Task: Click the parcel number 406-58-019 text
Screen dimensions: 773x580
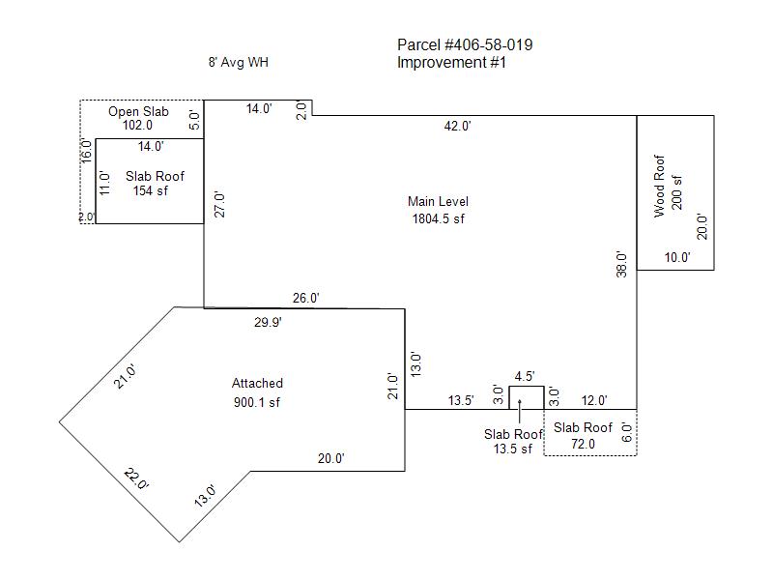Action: point(489,44)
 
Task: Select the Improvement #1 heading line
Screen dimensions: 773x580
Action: point(451,63)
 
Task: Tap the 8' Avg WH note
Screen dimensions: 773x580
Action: point(238,62)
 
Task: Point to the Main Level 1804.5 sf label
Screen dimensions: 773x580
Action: point(439,210)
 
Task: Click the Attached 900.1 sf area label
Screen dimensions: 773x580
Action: point(257,392)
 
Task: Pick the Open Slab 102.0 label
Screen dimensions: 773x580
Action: point(138,118)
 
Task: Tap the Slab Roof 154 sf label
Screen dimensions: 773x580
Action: point(155,184)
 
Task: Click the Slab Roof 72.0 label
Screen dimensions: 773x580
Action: point(583,436)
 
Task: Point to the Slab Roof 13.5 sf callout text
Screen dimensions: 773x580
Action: point(513,442)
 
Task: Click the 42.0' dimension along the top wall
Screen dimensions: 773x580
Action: point(457,127)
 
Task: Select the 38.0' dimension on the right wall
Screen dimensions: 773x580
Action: point(621,264)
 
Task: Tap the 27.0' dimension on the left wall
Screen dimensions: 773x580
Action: point(220,204)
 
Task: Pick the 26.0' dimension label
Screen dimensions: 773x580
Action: point(305,299)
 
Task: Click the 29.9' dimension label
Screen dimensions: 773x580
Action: point(268,323)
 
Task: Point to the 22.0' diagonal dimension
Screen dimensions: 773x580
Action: point(136,479)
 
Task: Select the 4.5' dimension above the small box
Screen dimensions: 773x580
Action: point(525,377)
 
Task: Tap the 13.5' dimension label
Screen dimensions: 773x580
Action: point(461,400)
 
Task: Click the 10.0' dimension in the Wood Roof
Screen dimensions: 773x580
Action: point(677,257)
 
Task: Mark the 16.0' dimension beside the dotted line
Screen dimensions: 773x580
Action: point(86,151)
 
